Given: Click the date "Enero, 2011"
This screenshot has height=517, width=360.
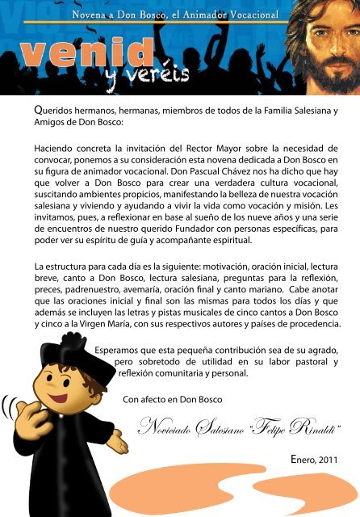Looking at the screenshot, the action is coord(316,460).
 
